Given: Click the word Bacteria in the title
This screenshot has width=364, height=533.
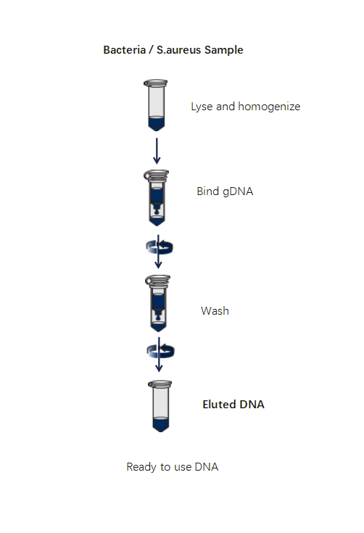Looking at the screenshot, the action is (x=125, y=50).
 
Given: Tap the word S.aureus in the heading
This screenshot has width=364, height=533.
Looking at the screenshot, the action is (x=179, y=50).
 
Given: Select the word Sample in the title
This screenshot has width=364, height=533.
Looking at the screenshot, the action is (x=224, y=50).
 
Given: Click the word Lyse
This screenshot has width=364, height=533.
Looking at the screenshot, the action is (x=202, y=107).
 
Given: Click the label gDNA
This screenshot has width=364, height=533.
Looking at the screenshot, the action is (x=238, y=191).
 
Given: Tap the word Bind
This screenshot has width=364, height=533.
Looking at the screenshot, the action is (x=207, y=191).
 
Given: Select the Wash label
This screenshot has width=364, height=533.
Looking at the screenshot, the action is (x=215, y=310).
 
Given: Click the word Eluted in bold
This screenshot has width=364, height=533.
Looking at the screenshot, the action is (x=219, y=404).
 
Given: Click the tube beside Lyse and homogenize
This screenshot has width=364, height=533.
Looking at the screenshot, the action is (x=156, y=105).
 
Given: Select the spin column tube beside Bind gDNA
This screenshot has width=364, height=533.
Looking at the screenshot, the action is (x=157, y=198).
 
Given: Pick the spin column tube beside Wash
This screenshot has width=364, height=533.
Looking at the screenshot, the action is (x=158, y=303).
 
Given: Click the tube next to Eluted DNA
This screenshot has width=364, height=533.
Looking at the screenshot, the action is (x=160, y=406).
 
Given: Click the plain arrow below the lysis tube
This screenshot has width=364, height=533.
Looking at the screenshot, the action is (x=157, y=151).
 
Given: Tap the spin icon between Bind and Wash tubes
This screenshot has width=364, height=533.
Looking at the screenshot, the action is (x=160, y=247).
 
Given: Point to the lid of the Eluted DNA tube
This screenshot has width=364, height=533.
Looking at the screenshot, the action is (x=160, y=384).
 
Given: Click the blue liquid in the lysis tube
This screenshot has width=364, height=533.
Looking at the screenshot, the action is (x=157, y=123).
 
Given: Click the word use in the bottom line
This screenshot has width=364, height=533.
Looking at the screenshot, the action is (x=183, y=468).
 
